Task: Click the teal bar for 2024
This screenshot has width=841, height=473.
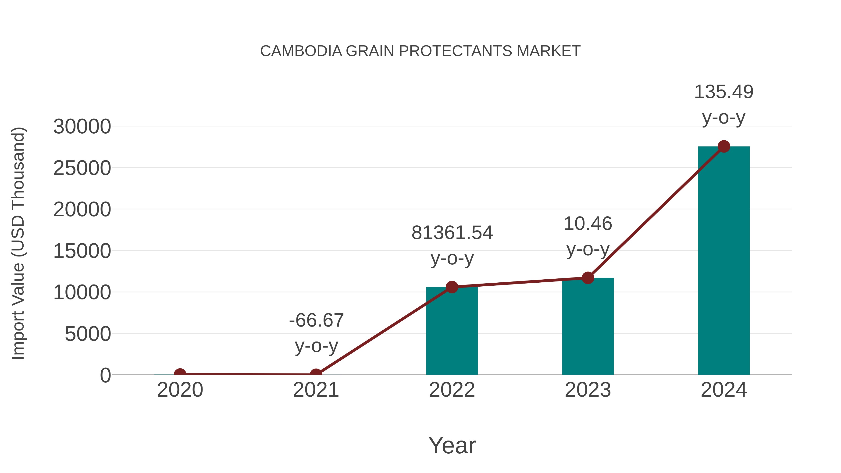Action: point(723,261)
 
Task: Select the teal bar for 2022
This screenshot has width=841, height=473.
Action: point(452,331)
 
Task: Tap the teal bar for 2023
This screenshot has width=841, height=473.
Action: point(588,327)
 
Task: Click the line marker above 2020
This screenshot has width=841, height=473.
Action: point(180,374)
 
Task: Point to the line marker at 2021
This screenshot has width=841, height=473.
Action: point(316,374)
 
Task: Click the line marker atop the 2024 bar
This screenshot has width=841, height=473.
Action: point(724,146)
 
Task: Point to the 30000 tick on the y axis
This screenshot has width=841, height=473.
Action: point(82,127)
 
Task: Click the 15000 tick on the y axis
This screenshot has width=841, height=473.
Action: point(82,251)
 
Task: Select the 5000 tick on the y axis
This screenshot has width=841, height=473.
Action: point(88,334)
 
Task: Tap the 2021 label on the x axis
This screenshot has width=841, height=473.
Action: point(316,390)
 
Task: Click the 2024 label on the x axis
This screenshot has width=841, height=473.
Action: point(723,390)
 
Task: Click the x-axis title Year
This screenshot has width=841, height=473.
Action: point(452,445)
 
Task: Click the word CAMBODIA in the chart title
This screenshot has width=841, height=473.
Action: point(301,51)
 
